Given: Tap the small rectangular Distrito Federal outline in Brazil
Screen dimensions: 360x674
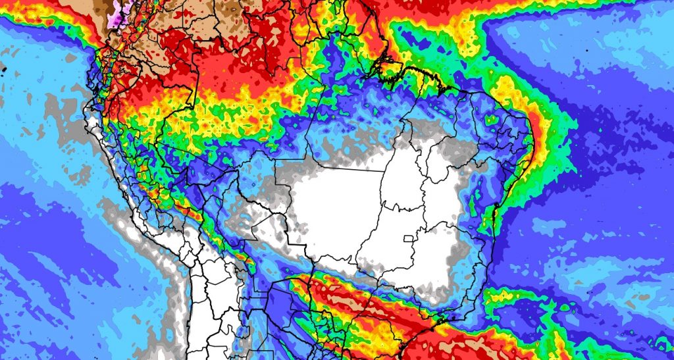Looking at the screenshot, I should coord(413,238).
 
